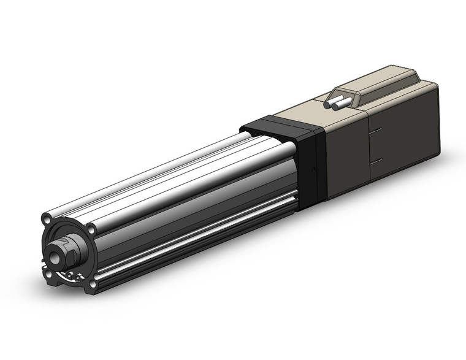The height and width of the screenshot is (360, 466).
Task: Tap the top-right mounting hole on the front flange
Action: [x=91, y=229]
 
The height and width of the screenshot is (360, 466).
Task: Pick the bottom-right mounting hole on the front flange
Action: [x=92, y=283]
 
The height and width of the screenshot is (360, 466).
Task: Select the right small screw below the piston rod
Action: [x=75, y=275]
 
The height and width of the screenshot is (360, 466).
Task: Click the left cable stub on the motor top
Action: [x=337, y=104]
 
